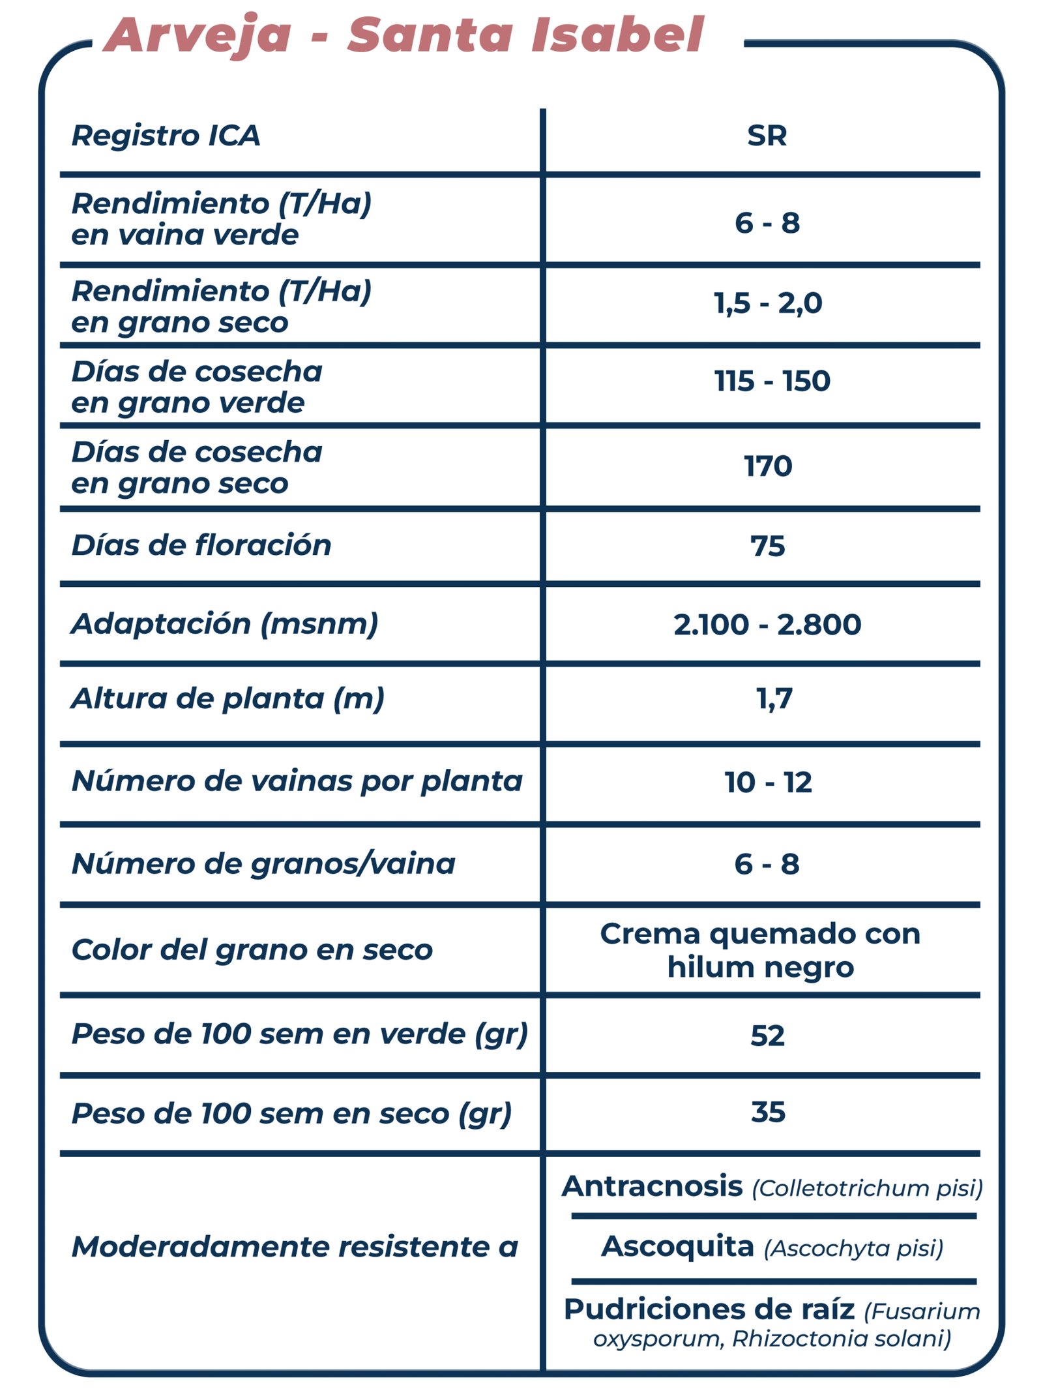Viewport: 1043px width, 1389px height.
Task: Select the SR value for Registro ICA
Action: pos(767,136)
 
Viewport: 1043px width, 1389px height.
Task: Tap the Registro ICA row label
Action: pos(166,136)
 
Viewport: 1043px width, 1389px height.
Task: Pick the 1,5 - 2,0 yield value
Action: pos(767,303)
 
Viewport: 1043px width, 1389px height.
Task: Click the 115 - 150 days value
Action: pos(772,381)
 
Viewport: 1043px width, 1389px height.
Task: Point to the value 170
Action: pos(768,466)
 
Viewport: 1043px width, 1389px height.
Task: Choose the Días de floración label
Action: pos(201,545)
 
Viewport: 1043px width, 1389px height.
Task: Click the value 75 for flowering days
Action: pos(767,546)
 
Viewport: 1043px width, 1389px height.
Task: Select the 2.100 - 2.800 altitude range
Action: pos(767,624)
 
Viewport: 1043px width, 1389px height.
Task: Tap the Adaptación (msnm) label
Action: pos(224,624)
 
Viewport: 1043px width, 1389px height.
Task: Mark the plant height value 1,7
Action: pos(774,699)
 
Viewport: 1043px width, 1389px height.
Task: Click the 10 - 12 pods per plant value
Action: pos(768,782)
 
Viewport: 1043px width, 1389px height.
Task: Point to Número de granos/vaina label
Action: pos(263,863)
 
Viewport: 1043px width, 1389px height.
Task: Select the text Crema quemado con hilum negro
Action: pos(760,950)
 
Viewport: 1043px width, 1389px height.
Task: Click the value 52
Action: pos(767,1036)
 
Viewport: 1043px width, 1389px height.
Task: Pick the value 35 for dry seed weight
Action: pos(768,1112)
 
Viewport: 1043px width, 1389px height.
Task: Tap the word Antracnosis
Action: pos(652,1186)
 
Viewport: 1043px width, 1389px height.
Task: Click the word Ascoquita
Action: pos(677,1246)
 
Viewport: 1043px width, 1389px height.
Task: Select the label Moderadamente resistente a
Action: pos(295,1247)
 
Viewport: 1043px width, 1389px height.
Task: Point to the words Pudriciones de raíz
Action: pos(709,1309)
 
